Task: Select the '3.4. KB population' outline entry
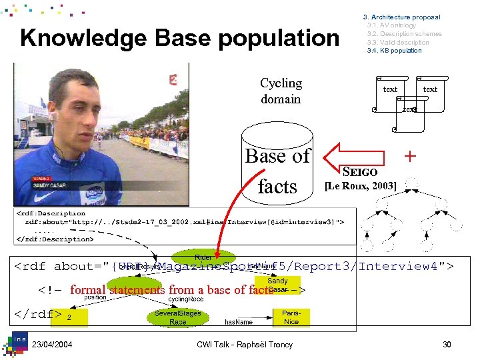coord(394,51)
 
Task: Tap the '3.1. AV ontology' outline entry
coord(391,25)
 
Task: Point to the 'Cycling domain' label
coord(281,91)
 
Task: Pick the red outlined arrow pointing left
coord(354,156)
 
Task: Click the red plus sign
coord(411,156)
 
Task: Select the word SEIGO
coord(360,171)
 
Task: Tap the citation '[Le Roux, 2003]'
coord(360,185)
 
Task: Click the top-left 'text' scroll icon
coord(390,89)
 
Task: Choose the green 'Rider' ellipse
coord(203,257)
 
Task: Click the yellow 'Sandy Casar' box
coord(277,285)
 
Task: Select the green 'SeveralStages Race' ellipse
coord(177,317)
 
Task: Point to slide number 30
coord(447,344)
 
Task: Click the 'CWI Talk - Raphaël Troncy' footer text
coord(245,344)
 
